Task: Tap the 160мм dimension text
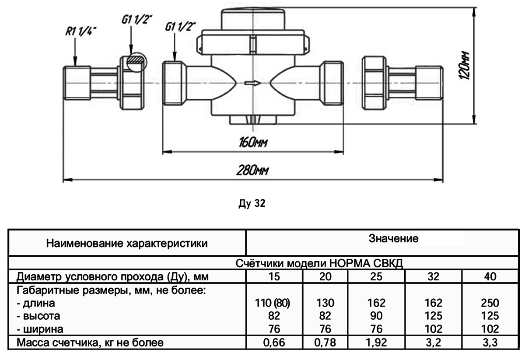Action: (x=253, y=143)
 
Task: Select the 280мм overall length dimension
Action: (x=253, y=171)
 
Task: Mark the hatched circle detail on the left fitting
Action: (x=136, y=62)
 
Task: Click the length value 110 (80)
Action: (x=274, y=303)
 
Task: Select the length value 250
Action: (x=490, y=303)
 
